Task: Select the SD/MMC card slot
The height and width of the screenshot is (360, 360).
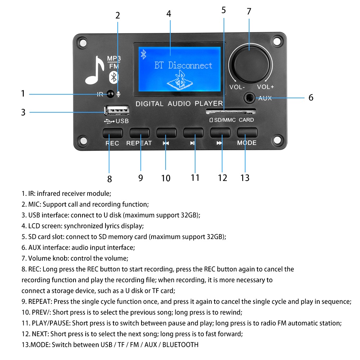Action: coord(230,111)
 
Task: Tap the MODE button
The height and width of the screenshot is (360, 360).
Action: coord(247,133)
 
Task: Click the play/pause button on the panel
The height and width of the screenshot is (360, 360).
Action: coord(193,133)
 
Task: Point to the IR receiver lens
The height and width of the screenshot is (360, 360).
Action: coord(111,94)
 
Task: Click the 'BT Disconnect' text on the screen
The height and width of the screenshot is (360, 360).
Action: coord(183,66)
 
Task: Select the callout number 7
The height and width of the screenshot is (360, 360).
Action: coord(249,11)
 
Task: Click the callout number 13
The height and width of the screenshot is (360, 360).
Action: coord(245,178)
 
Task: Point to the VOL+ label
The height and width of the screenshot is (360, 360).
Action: coord(265,87)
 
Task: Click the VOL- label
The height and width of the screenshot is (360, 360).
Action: coord(237,87)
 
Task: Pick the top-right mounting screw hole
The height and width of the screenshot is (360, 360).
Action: coord(276,41)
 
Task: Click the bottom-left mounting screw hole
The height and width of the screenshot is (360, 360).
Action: coord(83,140)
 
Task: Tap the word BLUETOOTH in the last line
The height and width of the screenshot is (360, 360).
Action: coord(180,345)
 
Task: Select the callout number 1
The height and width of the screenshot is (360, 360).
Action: coord(23,94)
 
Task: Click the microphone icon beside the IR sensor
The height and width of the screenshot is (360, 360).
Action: coord(118,94)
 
